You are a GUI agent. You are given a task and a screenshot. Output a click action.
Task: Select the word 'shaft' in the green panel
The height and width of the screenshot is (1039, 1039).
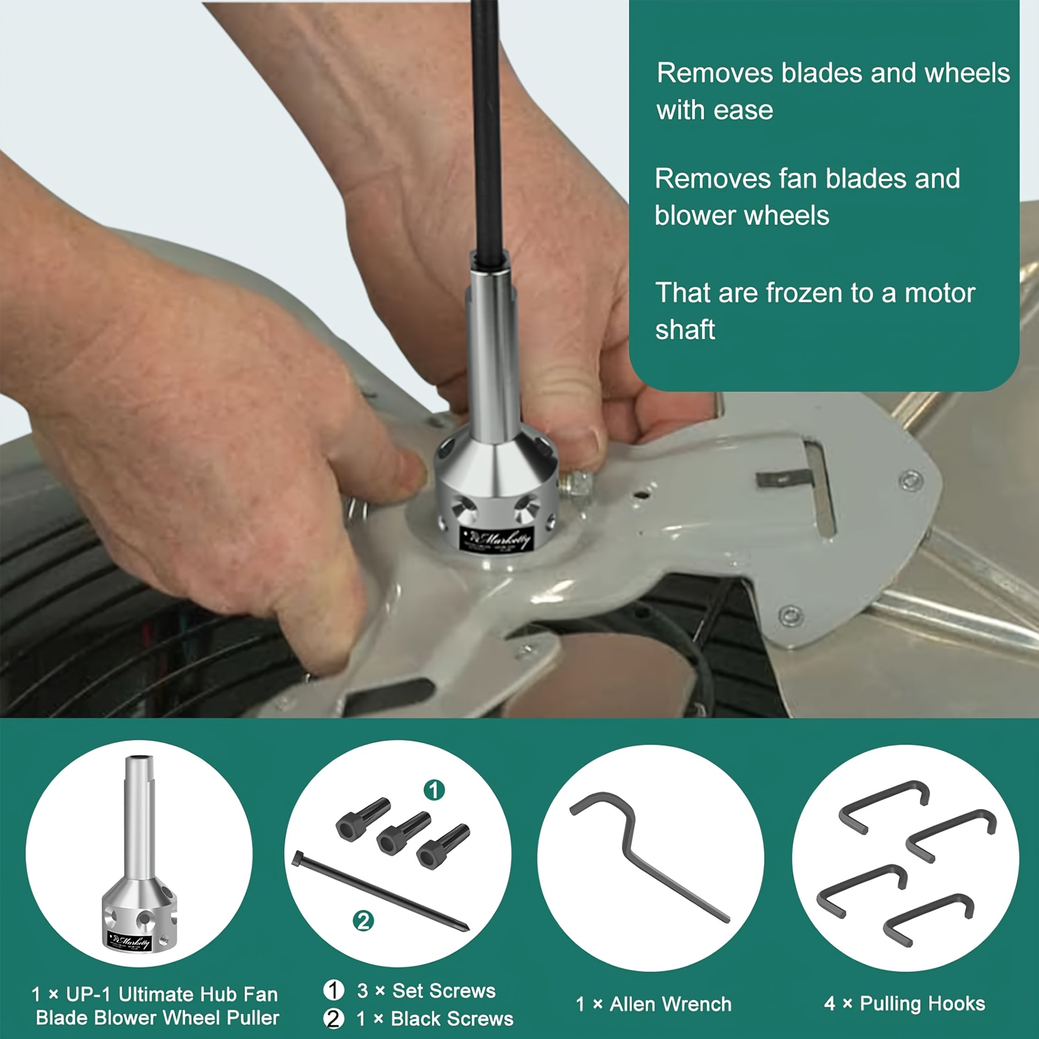tap(684, 330)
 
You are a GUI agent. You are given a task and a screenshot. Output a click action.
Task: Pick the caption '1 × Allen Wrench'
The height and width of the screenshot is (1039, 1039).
tap(653, 1004)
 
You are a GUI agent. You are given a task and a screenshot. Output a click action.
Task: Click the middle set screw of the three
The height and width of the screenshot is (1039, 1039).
tap(403, 833)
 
